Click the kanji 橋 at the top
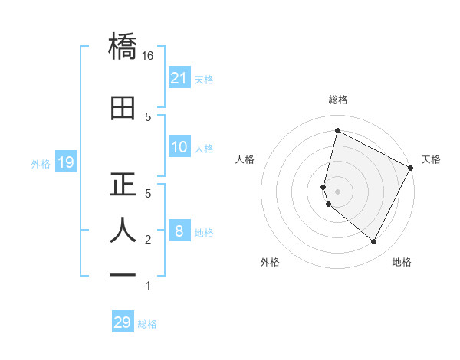pos(123,47)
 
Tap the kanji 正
pos(123,185)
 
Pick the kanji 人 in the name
pos(123,231)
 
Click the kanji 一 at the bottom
pos(123,273)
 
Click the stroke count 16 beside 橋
pos(148,55)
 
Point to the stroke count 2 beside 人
pos(148,240)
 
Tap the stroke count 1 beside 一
pos(148,286)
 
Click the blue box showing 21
pos(179,78)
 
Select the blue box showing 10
pos(179,148)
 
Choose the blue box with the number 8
pos(179,231)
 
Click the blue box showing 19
pos(66,162)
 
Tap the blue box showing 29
pos(123,322)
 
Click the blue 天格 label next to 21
pos(204,79)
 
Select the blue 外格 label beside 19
pos(41,163)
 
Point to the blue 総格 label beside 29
pos(147,323)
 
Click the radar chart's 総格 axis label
pos(337,100)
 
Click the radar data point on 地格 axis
pos(374,242)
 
